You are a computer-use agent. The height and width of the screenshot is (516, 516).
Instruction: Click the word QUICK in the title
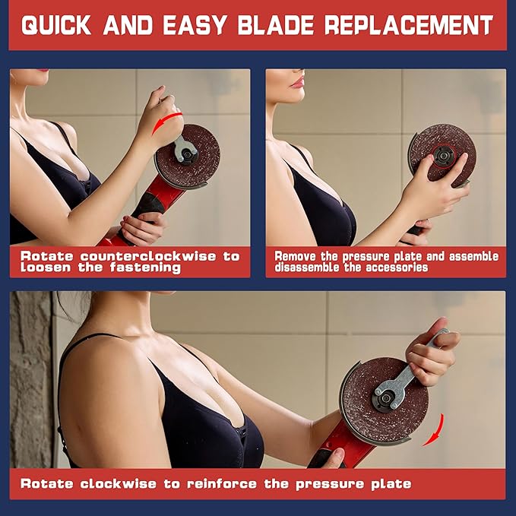point(56,25)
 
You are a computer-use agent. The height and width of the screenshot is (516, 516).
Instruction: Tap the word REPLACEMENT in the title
point(409,25)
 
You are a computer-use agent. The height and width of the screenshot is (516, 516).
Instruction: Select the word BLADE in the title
point(276,25)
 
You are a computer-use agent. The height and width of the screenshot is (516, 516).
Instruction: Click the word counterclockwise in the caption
point(148,256)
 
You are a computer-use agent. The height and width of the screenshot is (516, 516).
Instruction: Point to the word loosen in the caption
point(46,267)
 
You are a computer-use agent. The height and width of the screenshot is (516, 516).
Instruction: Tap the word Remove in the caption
point(295,256)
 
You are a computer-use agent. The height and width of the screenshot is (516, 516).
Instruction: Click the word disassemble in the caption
point(307,267)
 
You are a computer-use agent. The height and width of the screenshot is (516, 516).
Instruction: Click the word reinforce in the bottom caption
point(222,484)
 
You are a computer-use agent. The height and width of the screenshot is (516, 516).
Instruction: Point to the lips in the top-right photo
point(298,82)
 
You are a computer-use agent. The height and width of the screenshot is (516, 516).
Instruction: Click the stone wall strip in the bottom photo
point(31,379)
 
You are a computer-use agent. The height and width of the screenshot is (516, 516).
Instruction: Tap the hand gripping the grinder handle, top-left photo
point(143,227)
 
